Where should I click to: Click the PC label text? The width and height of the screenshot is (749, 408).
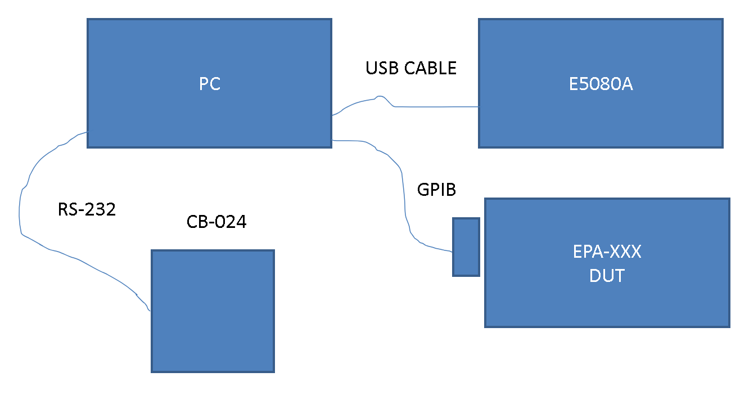[x=209, y=84]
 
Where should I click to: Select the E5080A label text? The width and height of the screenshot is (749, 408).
[x=601, y=85]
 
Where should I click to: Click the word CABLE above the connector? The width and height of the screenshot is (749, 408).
[x=429, y=68]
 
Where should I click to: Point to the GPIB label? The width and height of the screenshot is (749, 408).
[x=436, y=190]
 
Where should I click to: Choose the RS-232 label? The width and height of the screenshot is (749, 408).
[x=87, y=210]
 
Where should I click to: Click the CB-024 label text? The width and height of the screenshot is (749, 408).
[x=216, y=222]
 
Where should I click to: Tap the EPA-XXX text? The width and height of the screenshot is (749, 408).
[x=607, y=252]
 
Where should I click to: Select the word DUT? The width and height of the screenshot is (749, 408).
[x=607, y=276]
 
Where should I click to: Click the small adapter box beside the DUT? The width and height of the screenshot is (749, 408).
[x=466, y=247]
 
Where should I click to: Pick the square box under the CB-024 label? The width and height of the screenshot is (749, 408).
[x=213, y=311]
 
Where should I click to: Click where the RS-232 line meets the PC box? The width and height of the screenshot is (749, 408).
[x=87, y=132]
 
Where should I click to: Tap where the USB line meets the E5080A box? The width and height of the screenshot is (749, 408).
[x=479, y=106]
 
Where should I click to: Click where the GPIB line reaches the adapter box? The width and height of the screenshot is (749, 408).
[x=453, y=252]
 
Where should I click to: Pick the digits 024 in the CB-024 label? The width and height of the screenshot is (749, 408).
[x=232, y=222]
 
